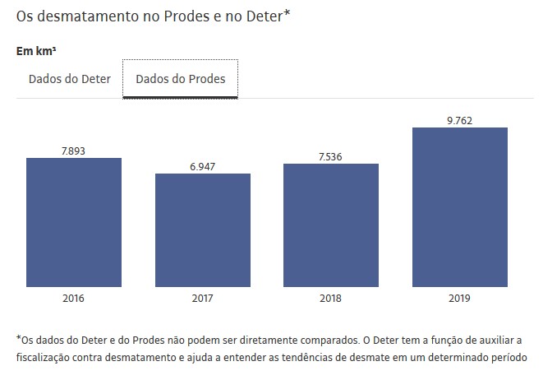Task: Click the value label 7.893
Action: pos(73,151)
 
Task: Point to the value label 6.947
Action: pos(202,167)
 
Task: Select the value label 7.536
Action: pos(331,157)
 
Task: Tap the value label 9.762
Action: pos(459,121)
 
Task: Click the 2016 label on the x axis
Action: pos(73,298)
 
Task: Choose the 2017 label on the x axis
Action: pos(202,298)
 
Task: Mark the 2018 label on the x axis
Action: pos(331,298)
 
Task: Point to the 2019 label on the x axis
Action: pos(459,298)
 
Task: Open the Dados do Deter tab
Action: pos(70,80)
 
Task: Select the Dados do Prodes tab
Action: pos(181,80)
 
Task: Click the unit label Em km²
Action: pos(36,51)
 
